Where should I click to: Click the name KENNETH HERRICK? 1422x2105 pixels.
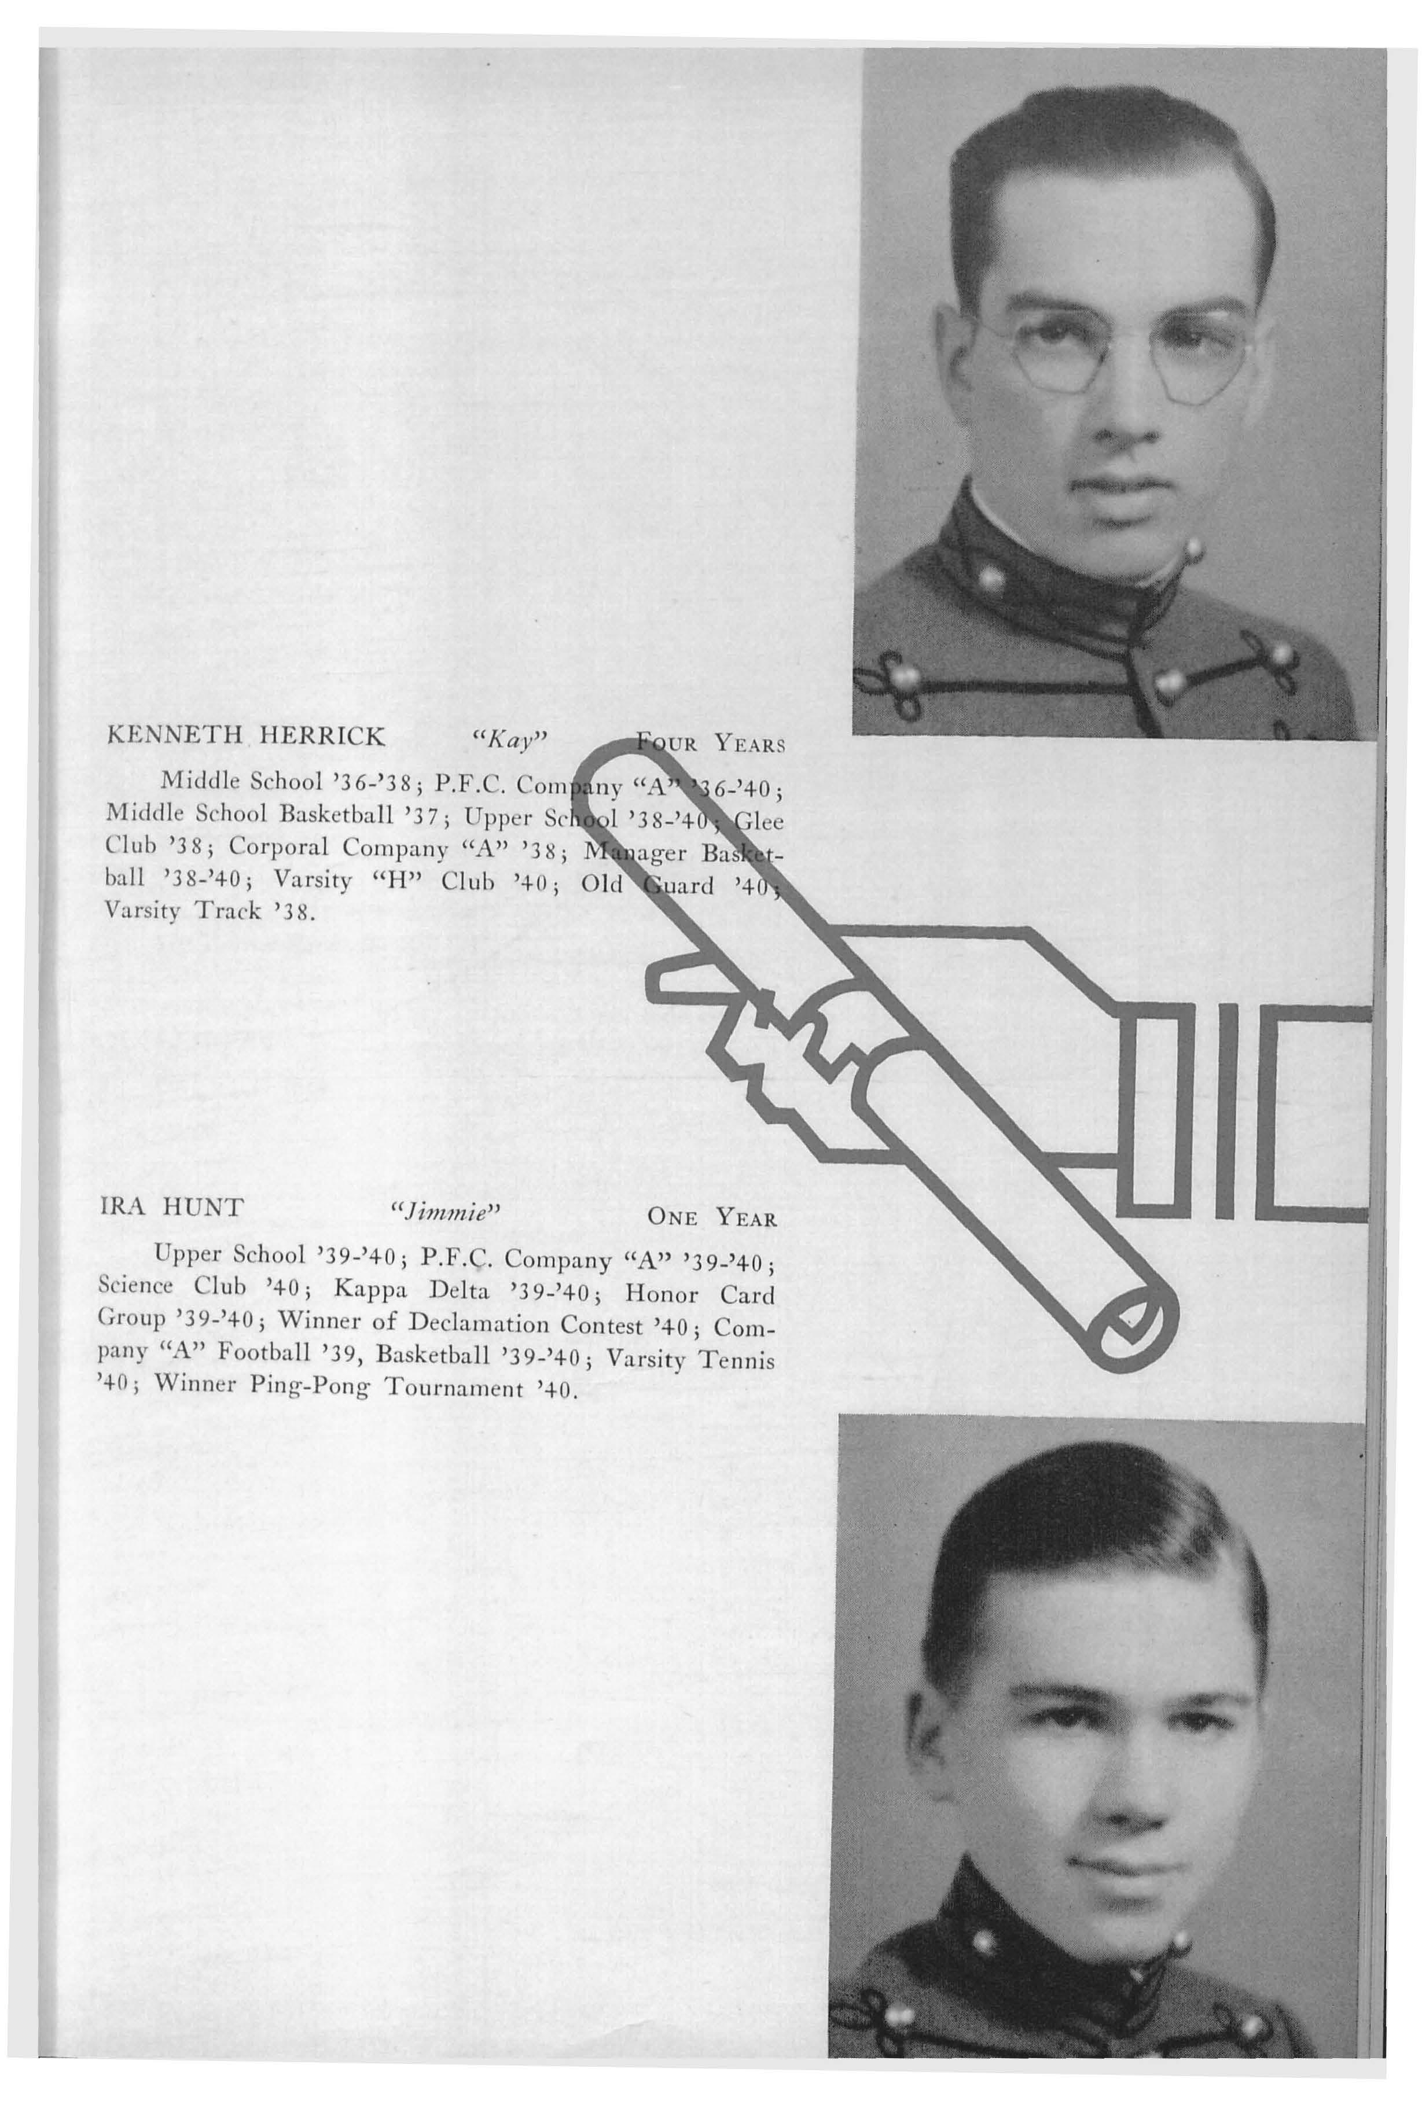[x=245, y=735]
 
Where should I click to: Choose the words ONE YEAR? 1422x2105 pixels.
[x=712, y=1216]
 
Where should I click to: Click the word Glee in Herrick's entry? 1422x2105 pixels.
[x=758, y=822]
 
